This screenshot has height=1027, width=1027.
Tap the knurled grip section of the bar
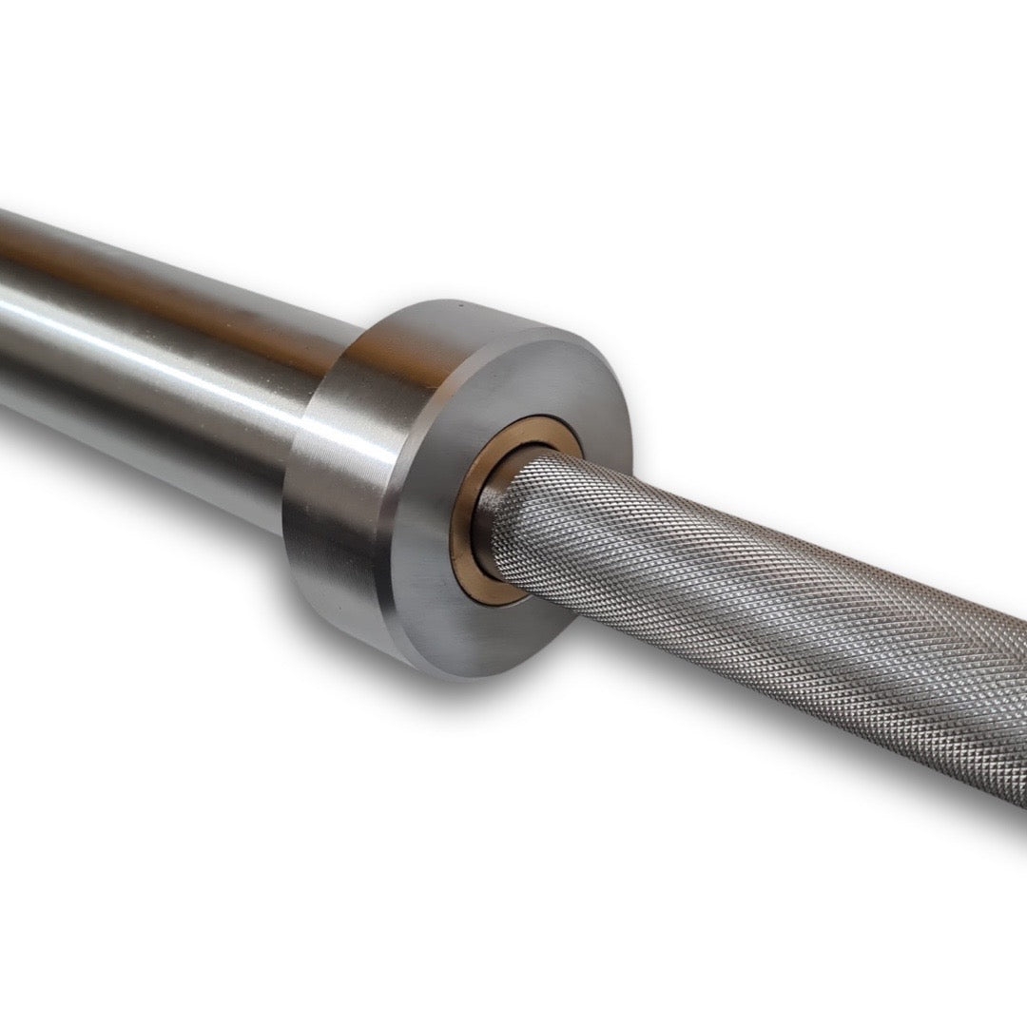(761, 609)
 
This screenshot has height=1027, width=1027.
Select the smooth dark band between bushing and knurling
(495, 514)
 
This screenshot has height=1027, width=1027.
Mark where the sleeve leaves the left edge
(5, 314)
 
